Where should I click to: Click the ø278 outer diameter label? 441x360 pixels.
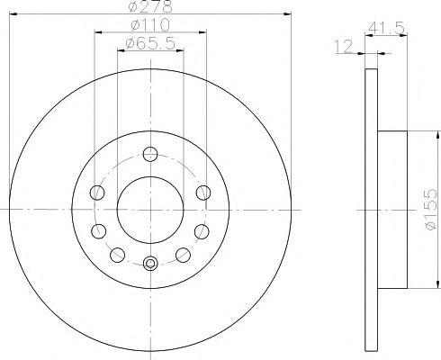click(x=150, y=6)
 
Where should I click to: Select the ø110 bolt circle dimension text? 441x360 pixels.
click(x=150, y=25)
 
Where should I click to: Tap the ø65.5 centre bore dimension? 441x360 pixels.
click(x=150, y=44)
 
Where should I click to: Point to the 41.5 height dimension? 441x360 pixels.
click(x=386, y=29)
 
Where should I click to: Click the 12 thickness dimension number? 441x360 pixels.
click(x=344, y=47)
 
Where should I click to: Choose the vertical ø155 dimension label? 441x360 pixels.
click(x=431, y=209)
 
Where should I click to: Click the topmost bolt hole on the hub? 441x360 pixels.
click(x=150, y=154)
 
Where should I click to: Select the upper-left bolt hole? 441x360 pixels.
click(x=97, y=193)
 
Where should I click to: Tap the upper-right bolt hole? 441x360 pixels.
click(x=203, y=193)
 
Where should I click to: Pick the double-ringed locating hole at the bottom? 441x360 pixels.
click(x=150, y=264)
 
